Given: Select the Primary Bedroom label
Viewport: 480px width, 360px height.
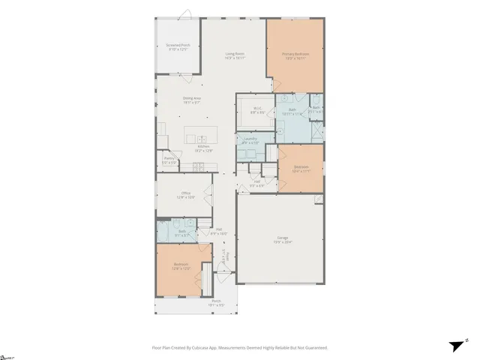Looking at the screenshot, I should pyautogui.click(x=295, y=54).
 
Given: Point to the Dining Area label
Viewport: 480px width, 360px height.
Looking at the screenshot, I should pyautogui.click(x=191, y=98).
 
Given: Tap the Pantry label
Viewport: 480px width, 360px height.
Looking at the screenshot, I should pyautogui.click(x=169, y=158).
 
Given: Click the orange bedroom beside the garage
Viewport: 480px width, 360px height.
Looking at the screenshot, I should pyautogui.click(x=301, y=168).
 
